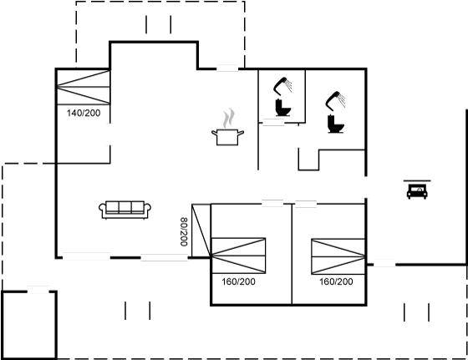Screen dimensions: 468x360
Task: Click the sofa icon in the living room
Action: point(125,210)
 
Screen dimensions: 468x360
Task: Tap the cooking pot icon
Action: point(227,137)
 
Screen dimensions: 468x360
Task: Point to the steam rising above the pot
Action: point(229,118)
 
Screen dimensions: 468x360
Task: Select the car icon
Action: point(417,191)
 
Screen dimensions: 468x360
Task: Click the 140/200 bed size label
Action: point(84,113)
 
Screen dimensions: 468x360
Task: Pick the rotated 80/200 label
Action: point(184,231)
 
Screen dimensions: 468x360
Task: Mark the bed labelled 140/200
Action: point(84,87)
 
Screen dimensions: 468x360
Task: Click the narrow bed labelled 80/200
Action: point(201,231)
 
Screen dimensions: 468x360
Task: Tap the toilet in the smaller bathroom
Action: point(282,108)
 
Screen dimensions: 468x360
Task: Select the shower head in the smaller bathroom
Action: point(282,86)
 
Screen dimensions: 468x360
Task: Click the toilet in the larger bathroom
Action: point(335,124)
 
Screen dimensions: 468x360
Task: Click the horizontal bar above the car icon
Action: point(417,180)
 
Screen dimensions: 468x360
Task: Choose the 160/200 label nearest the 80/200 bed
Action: point(238,281)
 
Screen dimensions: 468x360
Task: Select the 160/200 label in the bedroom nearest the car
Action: point(336,281)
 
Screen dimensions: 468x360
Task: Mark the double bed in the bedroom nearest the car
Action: point(338,256)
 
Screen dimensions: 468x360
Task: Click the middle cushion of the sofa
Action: point(125,207)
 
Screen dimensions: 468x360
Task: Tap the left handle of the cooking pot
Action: point(214,133)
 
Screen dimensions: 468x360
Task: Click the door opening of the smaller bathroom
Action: point(273,122)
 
